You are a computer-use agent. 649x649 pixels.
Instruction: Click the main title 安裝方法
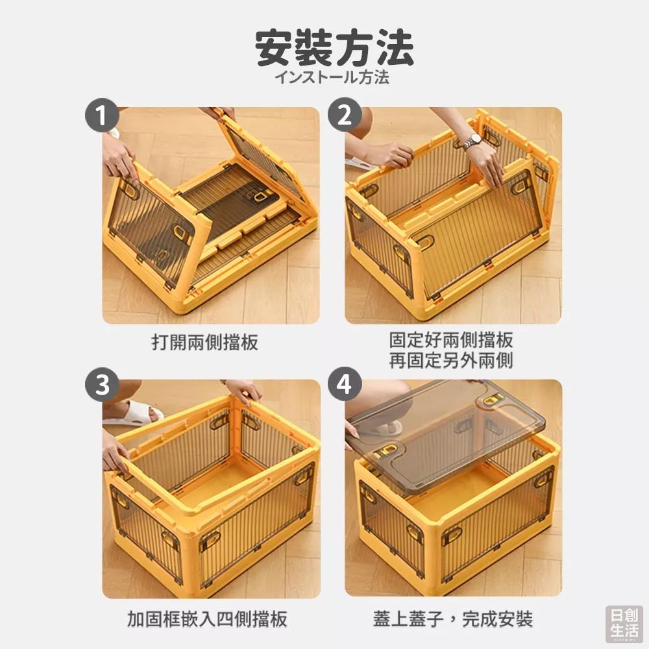point(334,49)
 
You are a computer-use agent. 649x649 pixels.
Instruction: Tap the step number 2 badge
point(345,116)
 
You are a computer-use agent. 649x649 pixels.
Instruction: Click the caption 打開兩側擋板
point(204,342)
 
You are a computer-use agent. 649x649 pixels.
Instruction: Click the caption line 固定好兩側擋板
point(451,340)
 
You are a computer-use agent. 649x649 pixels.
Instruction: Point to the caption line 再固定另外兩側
point(451,361)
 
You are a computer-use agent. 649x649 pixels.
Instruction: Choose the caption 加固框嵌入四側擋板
point(207,618)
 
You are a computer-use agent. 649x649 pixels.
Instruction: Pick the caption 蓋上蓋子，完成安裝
point(452,618)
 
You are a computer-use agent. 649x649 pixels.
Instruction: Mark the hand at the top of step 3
point(243,391)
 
